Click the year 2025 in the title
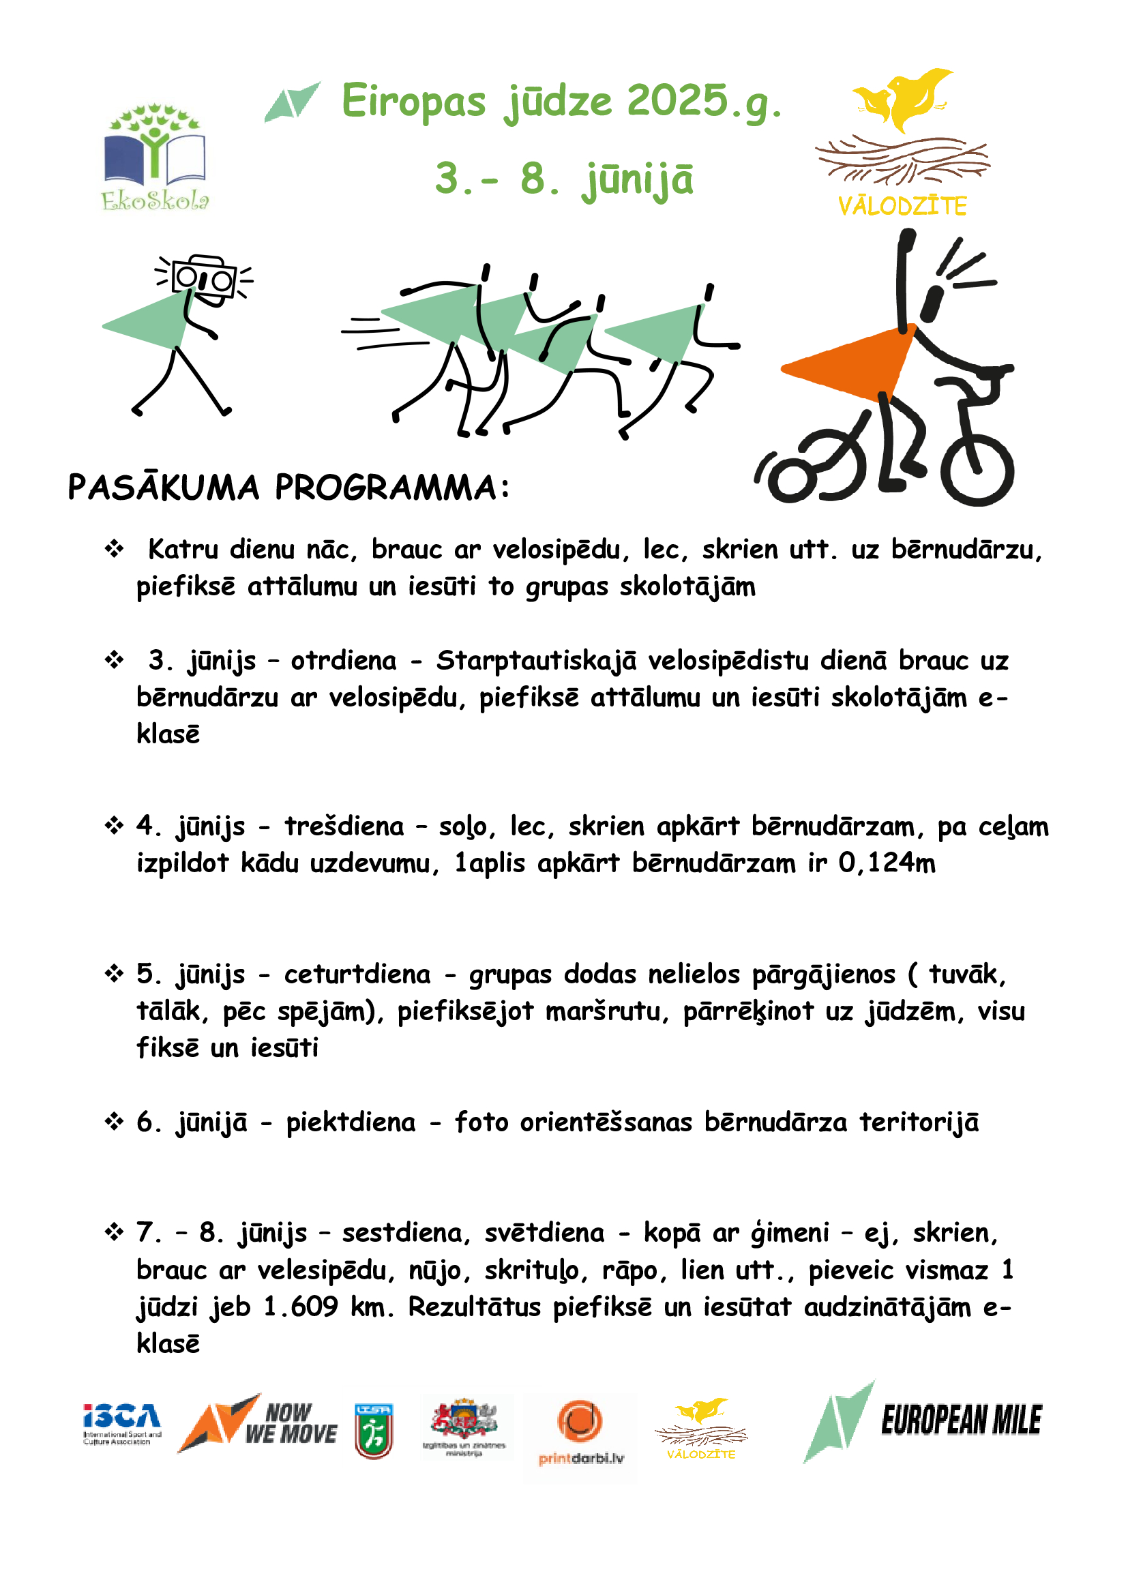677,101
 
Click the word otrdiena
343,661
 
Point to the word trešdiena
344,826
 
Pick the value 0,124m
887,863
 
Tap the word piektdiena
351,1122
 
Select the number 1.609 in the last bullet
301,1307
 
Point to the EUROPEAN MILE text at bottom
961,1420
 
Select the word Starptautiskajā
535,661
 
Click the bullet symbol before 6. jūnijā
114,1122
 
